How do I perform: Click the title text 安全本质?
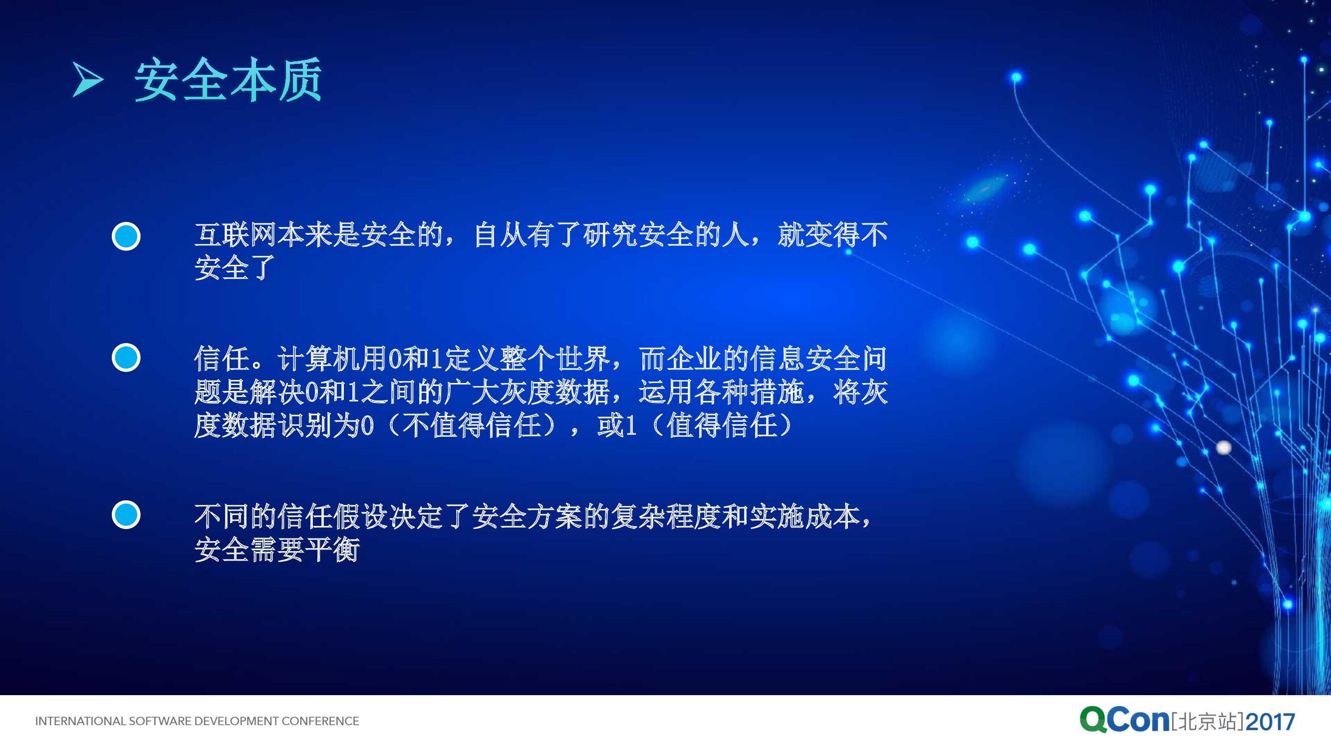click(x=229, y=80)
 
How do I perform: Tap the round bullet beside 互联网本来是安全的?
click(x=126, y=236)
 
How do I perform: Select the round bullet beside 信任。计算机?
click(x=126, y=357)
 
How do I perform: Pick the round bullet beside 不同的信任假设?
click(x=126, y=515)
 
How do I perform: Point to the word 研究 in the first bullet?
click(x=610, y=235)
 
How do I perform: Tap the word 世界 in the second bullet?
click(x=583, y=358)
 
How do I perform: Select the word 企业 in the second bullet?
click(x=694, y=358)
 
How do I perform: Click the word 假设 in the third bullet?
click(x=361, y=516)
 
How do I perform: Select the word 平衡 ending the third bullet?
click(x=333, y=549)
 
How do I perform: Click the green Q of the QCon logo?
click(x=1093, y=720)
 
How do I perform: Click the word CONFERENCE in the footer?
click(x=320, y=721)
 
